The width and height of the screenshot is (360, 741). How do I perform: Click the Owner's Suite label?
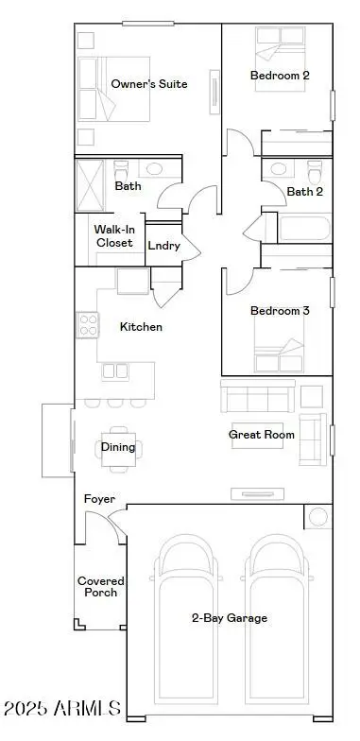148,84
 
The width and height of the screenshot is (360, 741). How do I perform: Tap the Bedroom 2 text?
280,75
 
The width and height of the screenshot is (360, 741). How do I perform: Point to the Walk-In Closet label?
113,236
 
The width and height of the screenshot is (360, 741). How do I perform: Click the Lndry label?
163,245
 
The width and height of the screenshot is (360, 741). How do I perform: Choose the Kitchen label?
141,327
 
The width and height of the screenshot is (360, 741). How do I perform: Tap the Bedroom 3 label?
280,311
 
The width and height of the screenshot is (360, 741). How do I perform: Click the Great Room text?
262,435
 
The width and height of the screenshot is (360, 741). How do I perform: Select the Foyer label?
99,498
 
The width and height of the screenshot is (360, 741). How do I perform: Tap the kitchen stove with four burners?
88,325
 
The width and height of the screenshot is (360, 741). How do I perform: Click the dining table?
118,448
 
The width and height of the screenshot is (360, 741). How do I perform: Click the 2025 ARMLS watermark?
62,708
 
